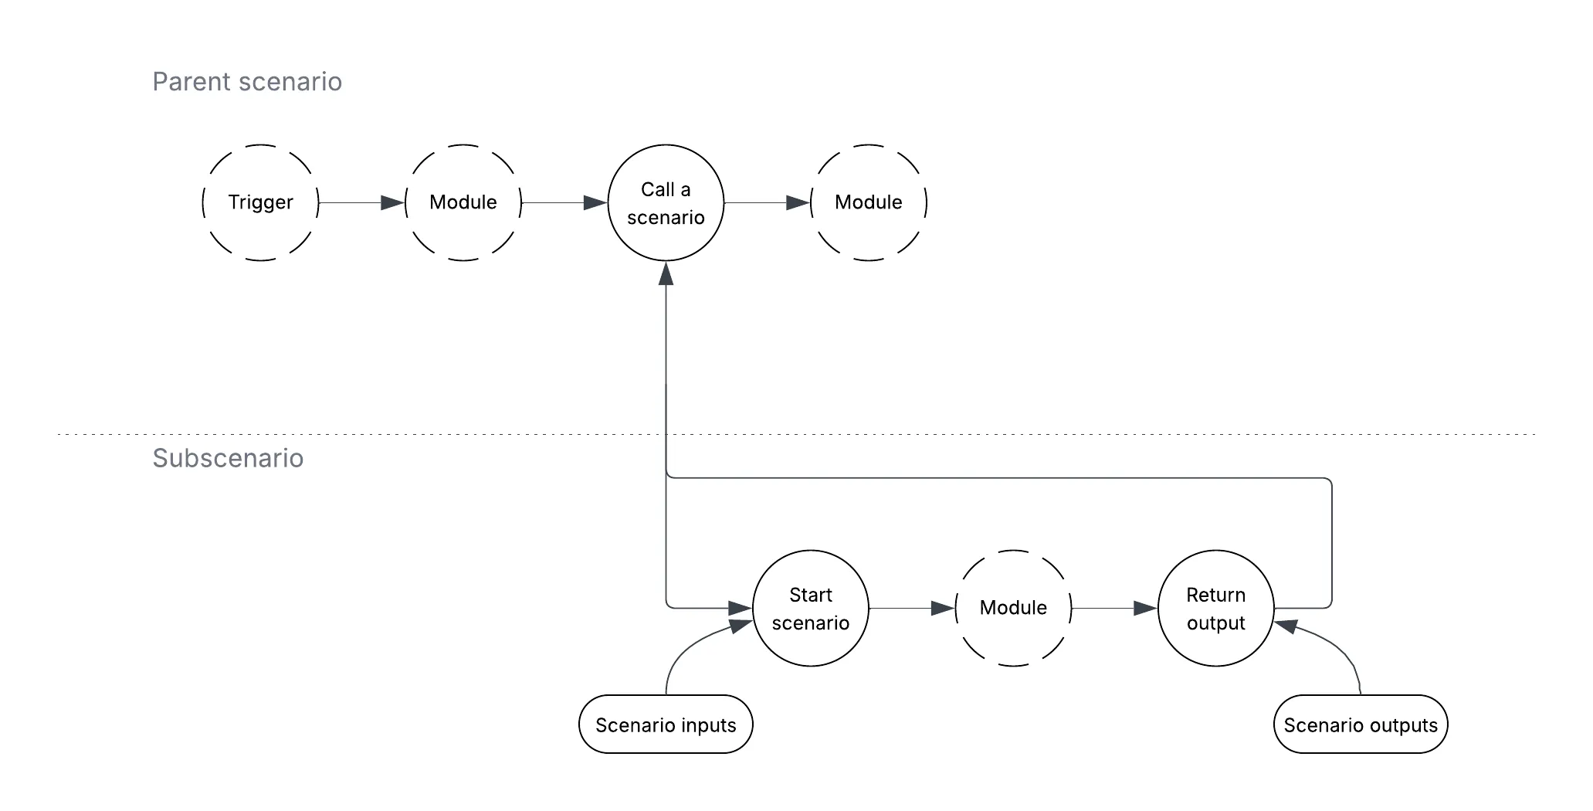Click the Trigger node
[x=261, y=202]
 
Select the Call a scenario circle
[x=666, y=202]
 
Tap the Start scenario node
[x=811, y=608]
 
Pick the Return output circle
[x=1216, y=608]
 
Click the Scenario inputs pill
[x=666, y=724]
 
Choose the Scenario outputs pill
[x=1361, y=724]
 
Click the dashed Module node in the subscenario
[x=1013, y=608]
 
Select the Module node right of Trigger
[x=463, y=202]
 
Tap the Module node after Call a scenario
[x=869, y=202]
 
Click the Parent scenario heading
[x=247, y=82]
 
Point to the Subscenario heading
[x=228, y=458]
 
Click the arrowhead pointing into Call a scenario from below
[x=666, y=273]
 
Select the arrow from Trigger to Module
[x=362, y=202]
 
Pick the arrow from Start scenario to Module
[x=912, y=609]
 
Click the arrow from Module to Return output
[x=1115, y=609]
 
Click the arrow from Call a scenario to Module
[x=768, y=202]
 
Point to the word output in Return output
[x=1216, y=623]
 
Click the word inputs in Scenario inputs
[x=701, y=726]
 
